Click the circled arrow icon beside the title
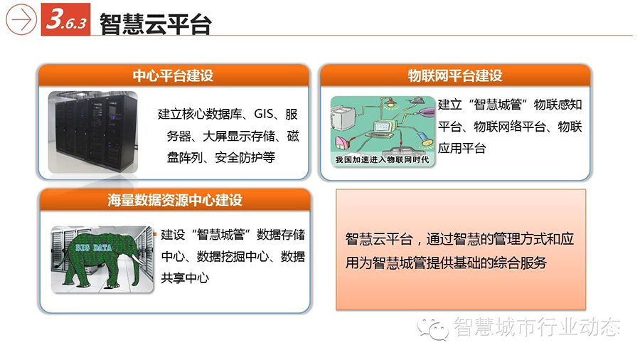[21, 19]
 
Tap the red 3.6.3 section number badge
[65, 19]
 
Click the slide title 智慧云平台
[156, 23]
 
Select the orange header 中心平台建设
[173, 75]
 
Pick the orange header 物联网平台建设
[455, 75]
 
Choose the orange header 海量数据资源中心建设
[175, 200]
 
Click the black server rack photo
[93, 132]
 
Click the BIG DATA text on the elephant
[93, 248]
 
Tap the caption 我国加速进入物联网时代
[382, 159]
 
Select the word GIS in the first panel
[264, 114]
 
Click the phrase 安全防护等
[245, 157]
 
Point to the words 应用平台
[462, 148]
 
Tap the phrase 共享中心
[185, 278]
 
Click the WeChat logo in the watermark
[432, 328]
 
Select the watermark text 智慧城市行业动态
[537, 327]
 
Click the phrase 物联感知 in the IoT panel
[558, 105]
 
